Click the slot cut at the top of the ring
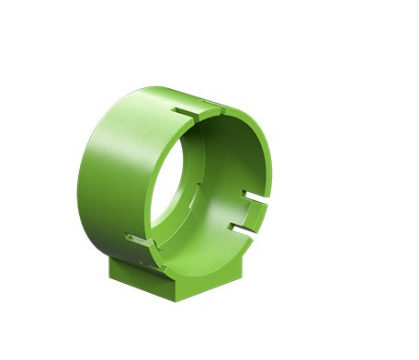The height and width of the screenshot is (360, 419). coord(195,114)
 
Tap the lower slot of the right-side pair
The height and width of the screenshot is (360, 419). coord(241,226)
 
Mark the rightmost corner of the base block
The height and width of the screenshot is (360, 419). coord(244,261)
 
